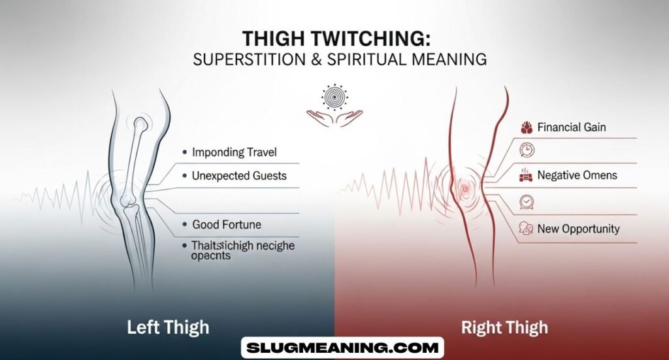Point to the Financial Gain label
(572, 127)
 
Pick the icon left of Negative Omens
(526, 175)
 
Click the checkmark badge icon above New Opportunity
(526, 201)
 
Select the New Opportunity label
(578, 229)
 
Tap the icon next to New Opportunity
(526, 229)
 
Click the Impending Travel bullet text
(234, 152)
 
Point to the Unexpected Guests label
(239, 176)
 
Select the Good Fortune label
(226, 224)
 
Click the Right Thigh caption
(504, 326)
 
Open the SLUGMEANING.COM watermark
(342, 348)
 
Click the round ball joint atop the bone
(141, 123)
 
